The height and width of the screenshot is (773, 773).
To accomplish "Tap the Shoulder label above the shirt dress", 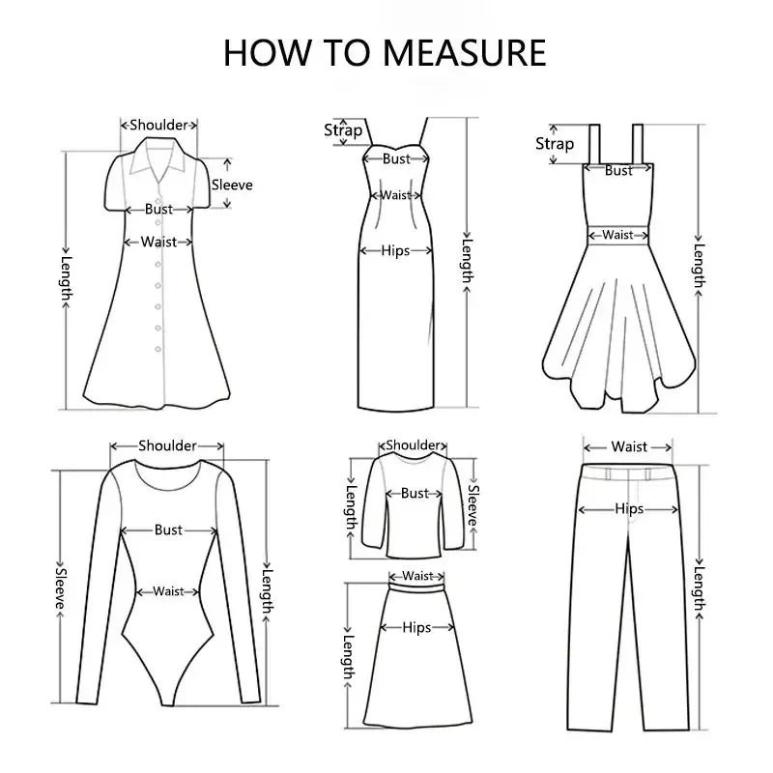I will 158,125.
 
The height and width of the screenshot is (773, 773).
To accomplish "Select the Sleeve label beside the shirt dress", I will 232,185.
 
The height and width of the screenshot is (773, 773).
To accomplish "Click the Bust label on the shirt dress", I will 158,209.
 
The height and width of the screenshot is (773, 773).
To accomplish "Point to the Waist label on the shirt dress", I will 158,242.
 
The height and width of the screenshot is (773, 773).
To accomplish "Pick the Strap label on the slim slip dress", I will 343,130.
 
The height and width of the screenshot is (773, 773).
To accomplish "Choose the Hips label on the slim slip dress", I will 395,250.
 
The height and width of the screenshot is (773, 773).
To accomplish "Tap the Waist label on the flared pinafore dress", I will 618,235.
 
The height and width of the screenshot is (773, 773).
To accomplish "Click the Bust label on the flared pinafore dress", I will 618,171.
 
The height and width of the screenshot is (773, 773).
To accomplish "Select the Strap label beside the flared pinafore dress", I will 555,144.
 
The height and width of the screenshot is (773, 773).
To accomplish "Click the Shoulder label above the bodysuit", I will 167,445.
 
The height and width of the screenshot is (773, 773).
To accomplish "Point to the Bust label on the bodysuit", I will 168,530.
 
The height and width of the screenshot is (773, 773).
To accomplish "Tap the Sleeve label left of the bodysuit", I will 60,583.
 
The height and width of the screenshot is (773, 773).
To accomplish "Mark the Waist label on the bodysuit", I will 168,591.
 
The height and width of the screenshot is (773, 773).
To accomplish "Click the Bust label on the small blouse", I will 415,493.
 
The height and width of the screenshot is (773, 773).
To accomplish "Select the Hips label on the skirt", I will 416,627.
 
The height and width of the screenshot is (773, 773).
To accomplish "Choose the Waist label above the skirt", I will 417,576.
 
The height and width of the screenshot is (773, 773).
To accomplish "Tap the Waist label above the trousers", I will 629,446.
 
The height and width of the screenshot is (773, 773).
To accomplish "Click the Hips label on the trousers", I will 629,509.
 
